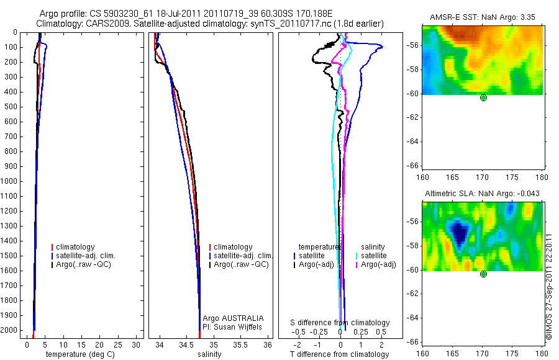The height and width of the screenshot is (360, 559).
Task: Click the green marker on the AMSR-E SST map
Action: tap(483, 97)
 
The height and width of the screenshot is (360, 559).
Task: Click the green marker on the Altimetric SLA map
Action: tap(483, 274)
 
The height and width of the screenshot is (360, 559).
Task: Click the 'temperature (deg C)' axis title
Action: tap(83, 354)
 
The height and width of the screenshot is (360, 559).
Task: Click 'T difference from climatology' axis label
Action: tap(340, 354)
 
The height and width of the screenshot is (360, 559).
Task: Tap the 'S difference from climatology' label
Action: tap(340, 323)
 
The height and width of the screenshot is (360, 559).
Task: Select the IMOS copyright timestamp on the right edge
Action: tap(549, 286)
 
